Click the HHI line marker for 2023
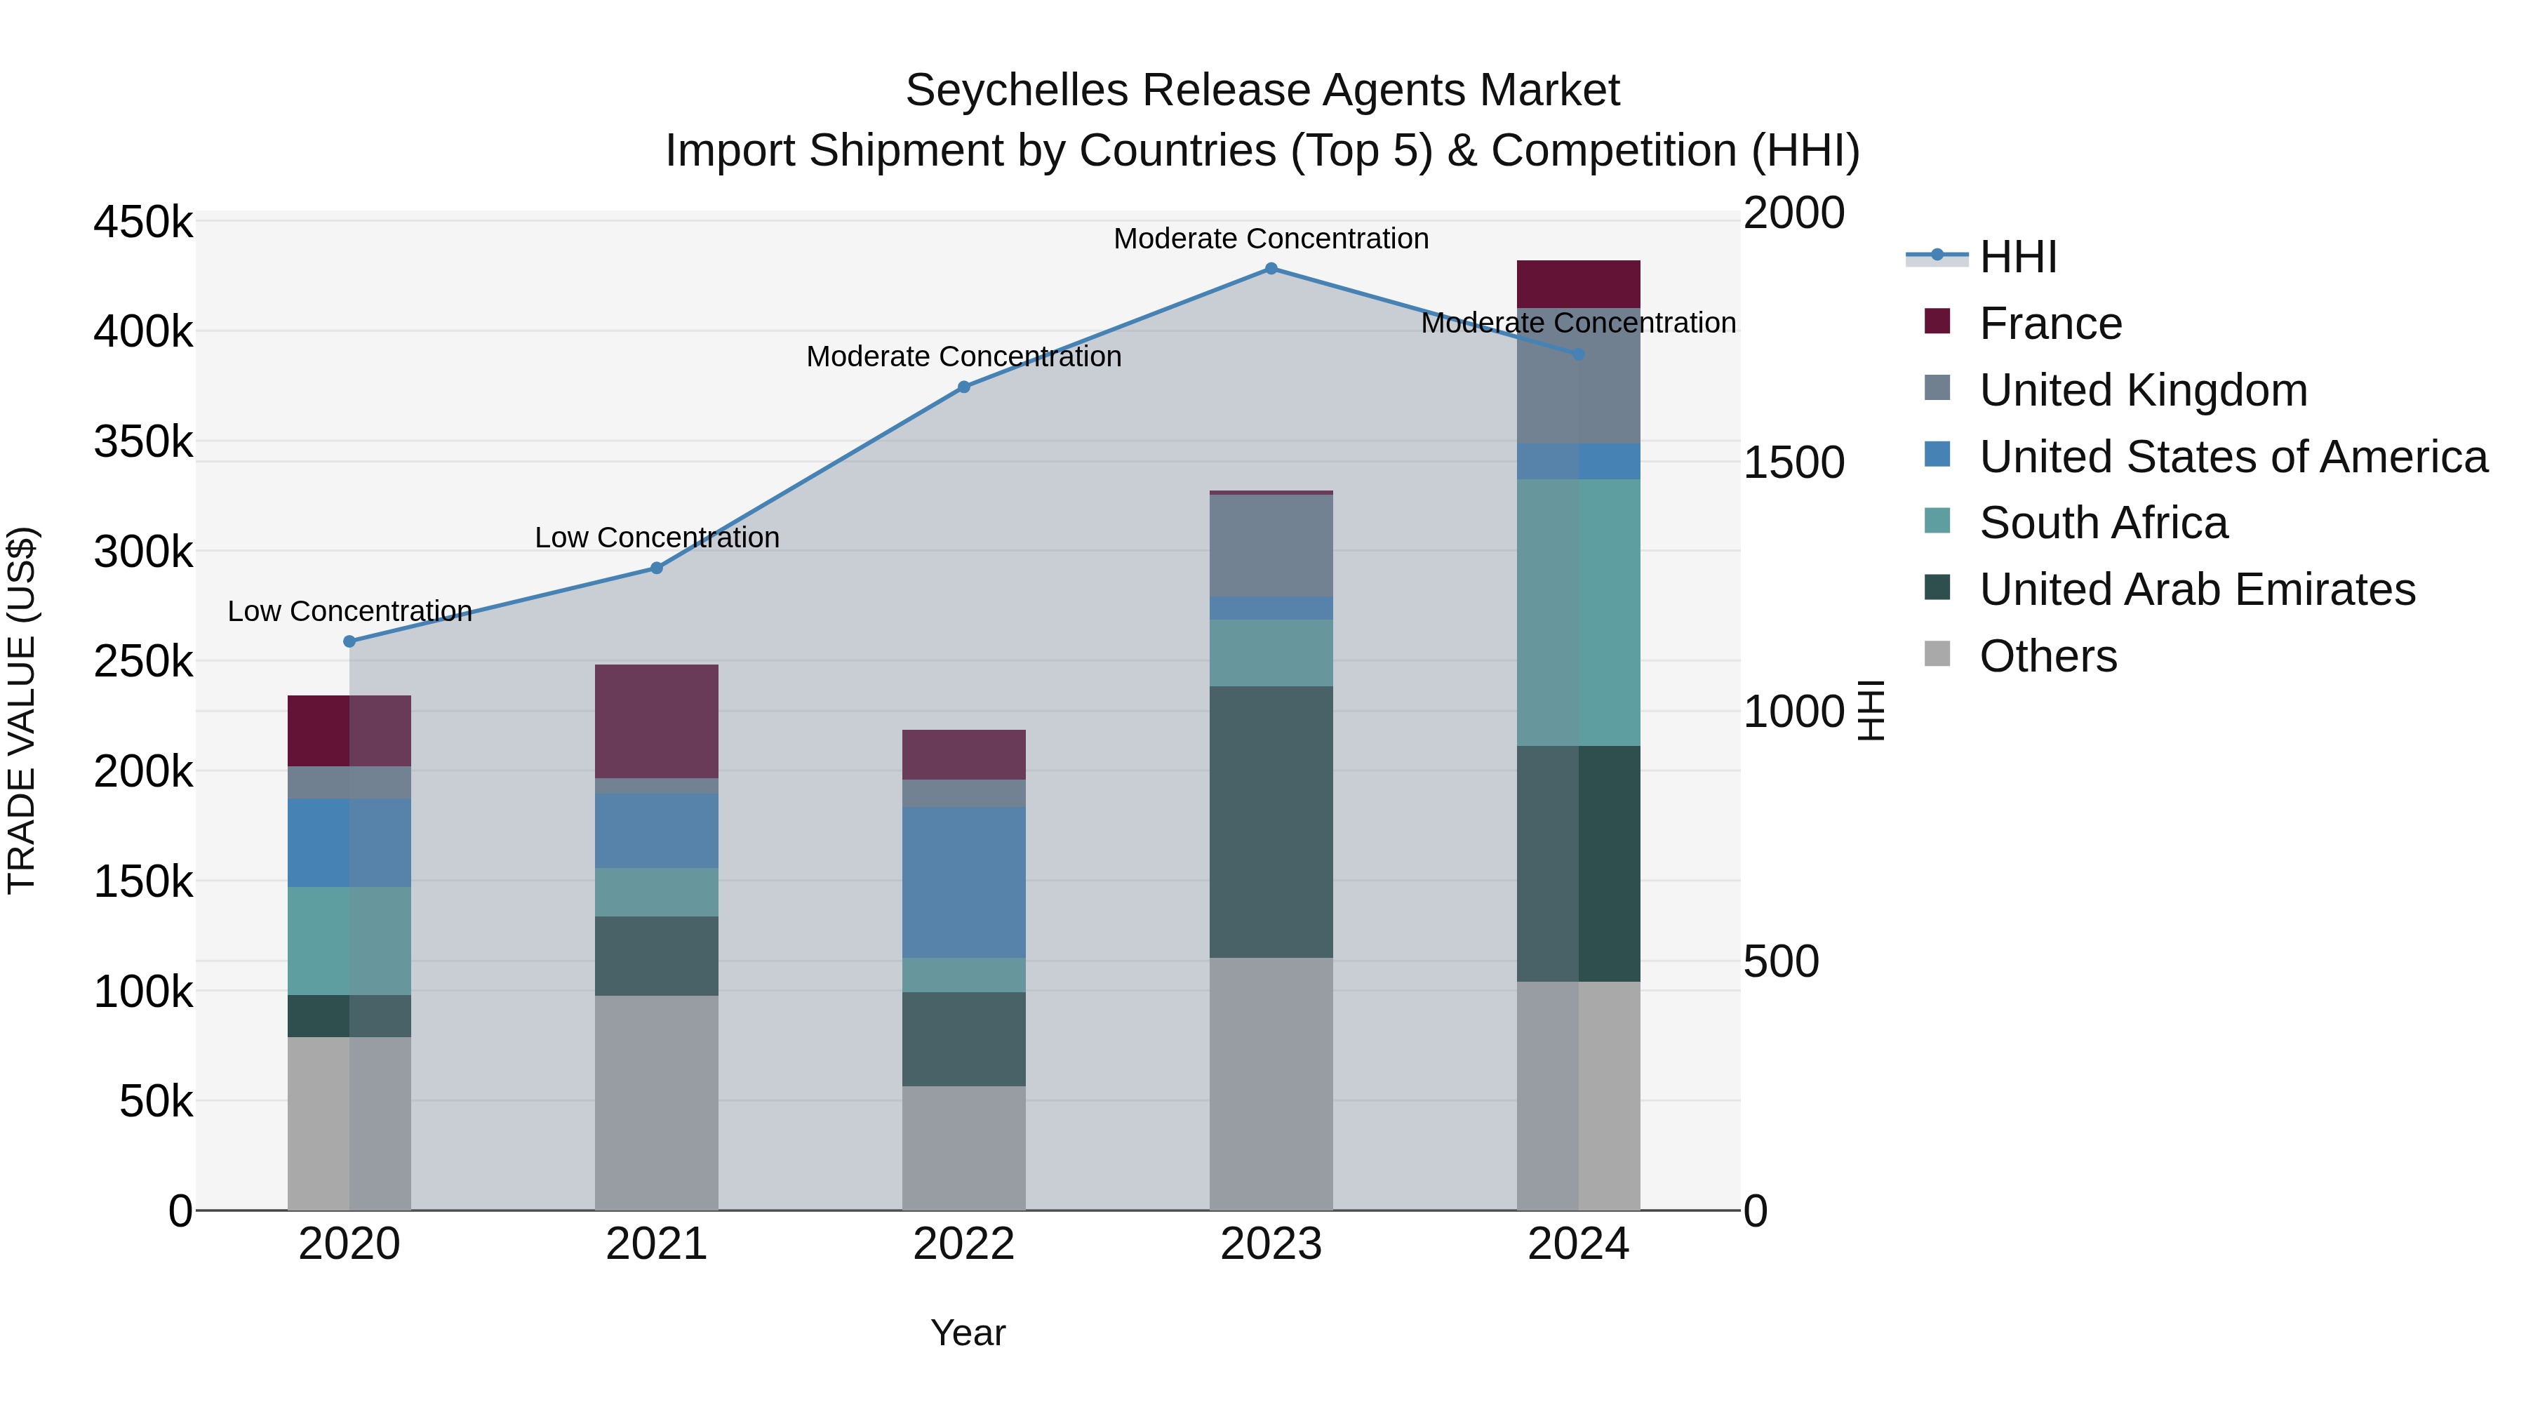coord(1271,269)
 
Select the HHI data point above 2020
coord(349,641)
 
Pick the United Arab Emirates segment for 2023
coord(1271,822)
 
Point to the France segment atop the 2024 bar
coord(1578,284)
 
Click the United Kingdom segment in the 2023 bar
coord(1271,545)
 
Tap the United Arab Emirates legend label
coord(2196,589)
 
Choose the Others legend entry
coord(2047,656)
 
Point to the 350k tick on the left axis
coord(143,442)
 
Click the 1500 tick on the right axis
coord(1793,463)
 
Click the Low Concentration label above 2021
coord(656,538)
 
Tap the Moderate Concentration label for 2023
coord(1271,239)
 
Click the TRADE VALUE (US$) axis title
coord(22,710)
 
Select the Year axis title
coord(967,1333)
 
